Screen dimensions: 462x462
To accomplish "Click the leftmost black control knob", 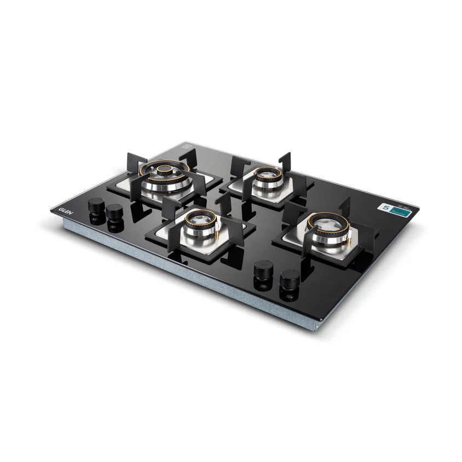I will point(96,207).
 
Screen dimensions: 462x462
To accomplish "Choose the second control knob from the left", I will point(114,211).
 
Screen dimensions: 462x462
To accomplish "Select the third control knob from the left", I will point(264,271).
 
